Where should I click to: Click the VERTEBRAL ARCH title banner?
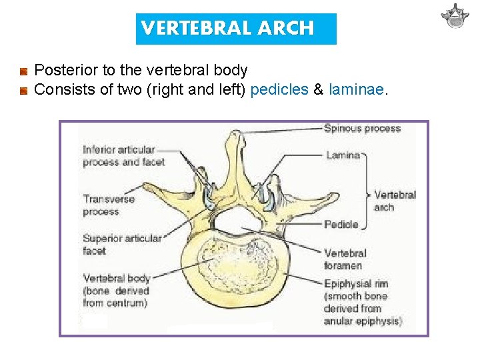point(236,29)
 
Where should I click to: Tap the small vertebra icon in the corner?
point(455,16)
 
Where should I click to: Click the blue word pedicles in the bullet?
point(279,89)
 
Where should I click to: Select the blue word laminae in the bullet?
point(357,89)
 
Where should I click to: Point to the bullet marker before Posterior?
point(23,71)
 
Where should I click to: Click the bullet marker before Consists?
point(23,90)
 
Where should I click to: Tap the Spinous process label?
point(362,128)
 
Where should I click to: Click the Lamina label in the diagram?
point(342,155)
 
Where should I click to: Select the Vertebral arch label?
point(394,201)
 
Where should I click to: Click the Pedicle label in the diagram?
point(341,225)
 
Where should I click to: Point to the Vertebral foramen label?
point(345,259)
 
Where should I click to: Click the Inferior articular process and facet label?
point(119,155)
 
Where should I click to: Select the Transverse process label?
point(109,205)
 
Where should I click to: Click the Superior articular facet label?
point(122,244)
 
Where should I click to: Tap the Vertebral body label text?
point(115,291)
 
